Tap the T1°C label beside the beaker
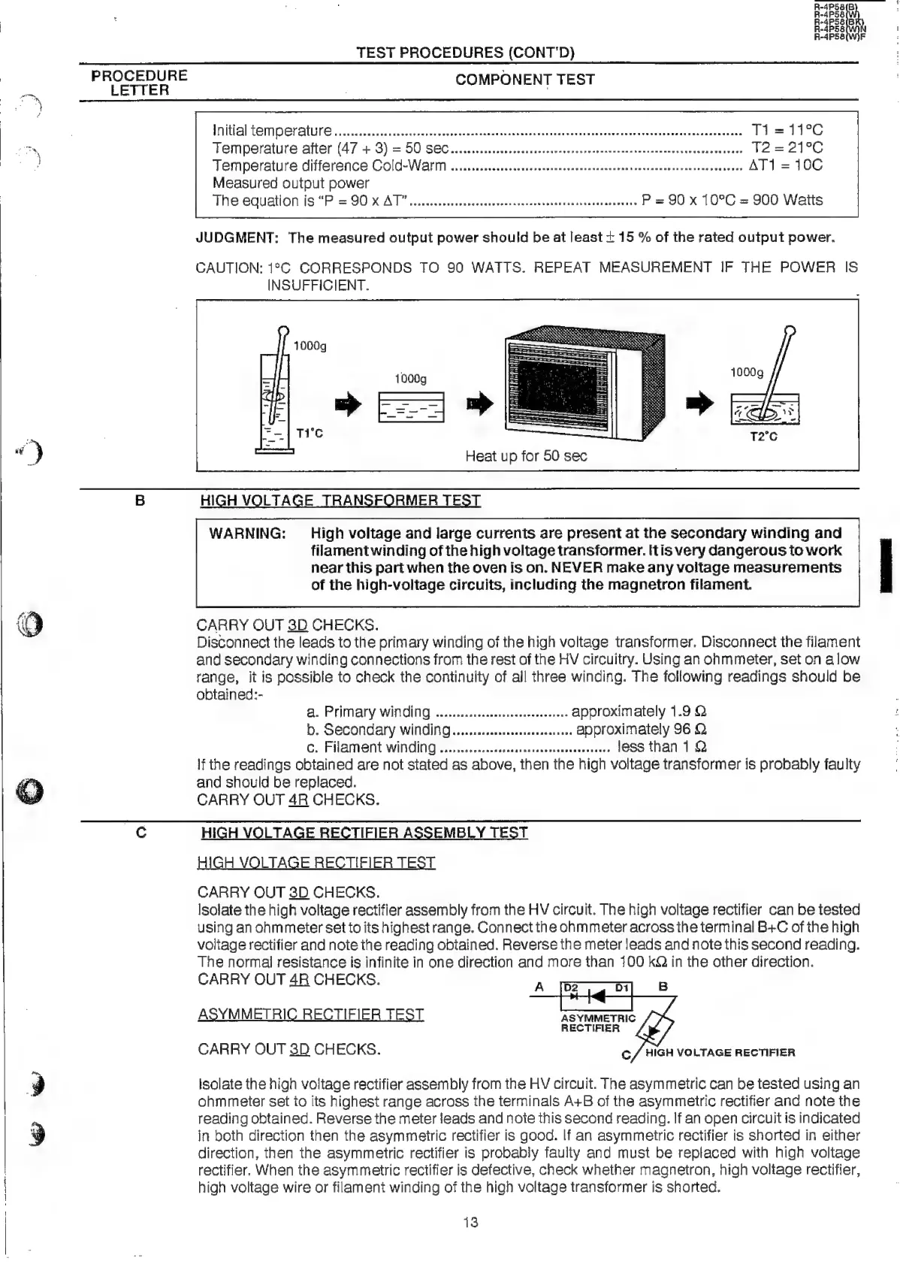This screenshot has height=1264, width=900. [x=310, y=434]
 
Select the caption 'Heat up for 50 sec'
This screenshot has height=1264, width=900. [x=526, y=456]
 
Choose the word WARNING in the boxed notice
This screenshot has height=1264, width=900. [x=247, y=534]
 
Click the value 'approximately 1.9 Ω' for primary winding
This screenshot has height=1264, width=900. [x=639, y=712]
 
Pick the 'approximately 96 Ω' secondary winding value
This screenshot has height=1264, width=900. [x=641, y=730]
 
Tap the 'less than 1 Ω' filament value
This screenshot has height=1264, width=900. [x=661, y=747]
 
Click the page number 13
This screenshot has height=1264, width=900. [x=470, y=1223]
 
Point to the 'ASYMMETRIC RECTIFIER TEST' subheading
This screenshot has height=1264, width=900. [x=311, y=1015]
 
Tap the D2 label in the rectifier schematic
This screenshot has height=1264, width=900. [x=571, y=987]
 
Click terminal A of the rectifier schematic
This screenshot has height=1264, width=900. [x=539, y=987]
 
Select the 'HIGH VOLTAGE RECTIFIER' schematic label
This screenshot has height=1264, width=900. [x=720, y=1053]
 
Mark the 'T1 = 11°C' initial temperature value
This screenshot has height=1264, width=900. [x=787, y=130]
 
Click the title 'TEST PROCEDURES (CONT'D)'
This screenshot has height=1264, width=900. [x=465, y=53]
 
